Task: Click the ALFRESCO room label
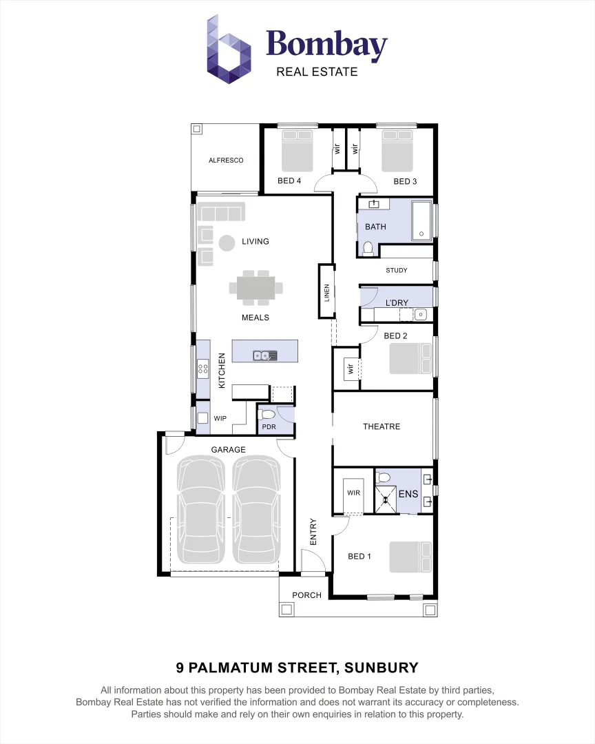click(226, 161)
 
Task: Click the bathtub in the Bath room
click(421, 220)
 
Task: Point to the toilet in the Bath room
click(368, 248)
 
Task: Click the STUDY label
click(396, 271)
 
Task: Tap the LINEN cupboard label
click(327, 293)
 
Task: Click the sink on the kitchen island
click(264, 355)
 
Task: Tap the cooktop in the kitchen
click(203, 369)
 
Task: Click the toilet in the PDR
click(268, 414)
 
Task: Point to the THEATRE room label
click(382, 427)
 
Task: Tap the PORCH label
click(306, 595)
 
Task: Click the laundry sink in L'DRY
click(420, 315)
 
